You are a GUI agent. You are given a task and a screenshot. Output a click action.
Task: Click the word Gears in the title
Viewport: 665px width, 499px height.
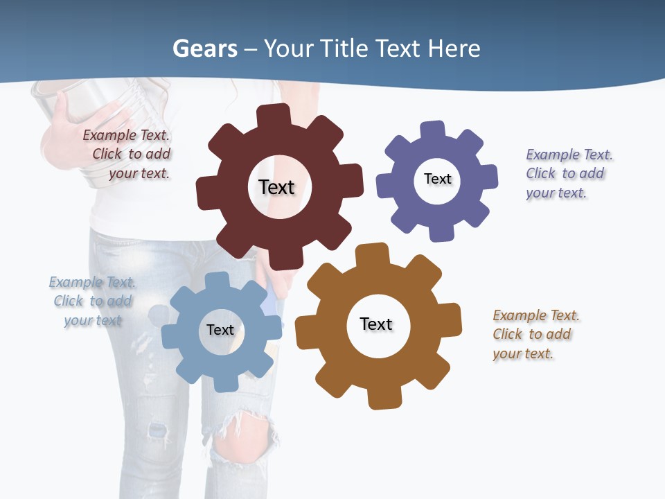click(204, 49)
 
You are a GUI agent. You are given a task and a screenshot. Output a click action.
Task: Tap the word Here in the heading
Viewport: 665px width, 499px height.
click(454, 49)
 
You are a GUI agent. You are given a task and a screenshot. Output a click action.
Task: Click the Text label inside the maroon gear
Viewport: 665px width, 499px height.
click(276, 187)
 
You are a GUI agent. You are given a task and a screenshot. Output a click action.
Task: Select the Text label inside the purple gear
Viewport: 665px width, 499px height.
click(437, 180)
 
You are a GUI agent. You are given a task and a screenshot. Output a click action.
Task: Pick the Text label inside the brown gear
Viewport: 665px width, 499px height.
click(376, 324)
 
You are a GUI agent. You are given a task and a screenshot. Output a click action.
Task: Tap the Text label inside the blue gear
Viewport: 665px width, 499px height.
click(220, 331)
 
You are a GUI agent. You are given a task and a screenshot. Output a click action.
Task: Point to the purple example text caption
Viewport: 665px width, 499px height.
click(569, 174)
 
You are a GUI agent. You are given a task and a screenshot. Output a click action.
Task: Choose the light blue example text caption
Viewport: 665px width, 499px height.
click(93, 301)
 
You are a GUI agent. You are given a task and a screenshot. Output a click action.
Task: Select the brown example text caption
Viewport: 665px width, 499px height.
click(535, 335)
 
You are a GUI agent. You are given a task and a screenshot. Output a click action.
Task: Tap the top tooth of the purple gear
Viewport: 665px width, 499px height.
click(433, 130)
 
